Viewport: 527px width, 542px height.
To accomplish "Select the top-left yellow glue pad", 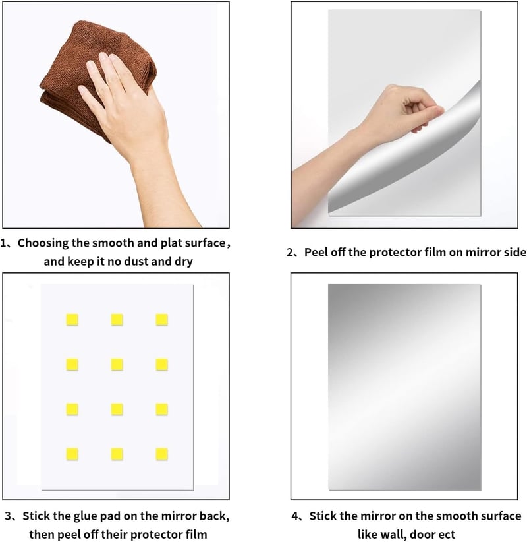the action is coord(72,320).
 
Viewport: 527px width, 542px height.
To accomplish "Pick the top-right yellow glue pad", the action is coord(161,320).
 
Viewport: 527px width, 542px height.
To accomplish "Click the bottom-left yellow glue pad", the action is coord(72,454).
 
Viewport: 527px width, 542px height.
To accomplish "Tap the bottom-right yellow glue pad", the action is coord(161,454).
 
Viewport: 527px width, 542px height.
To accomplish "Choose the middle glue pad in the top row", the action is coord(117,320).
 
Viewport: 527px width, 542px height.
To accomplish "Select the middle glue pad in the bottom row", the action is coord(117,454).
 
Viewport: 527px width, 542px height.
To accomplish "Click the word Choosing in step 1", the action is coord(43,244).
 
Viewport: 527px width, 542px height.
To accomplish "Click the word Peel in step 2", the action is coord(316,253).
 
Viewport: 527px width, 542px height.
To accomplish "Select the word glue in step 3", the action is coord(86,517).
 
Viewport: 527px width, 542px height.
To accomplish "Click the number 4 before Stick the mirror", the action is coord(295,516).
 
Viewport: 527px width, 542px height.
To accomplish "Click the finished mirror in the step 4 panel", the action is coord(404,387).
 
